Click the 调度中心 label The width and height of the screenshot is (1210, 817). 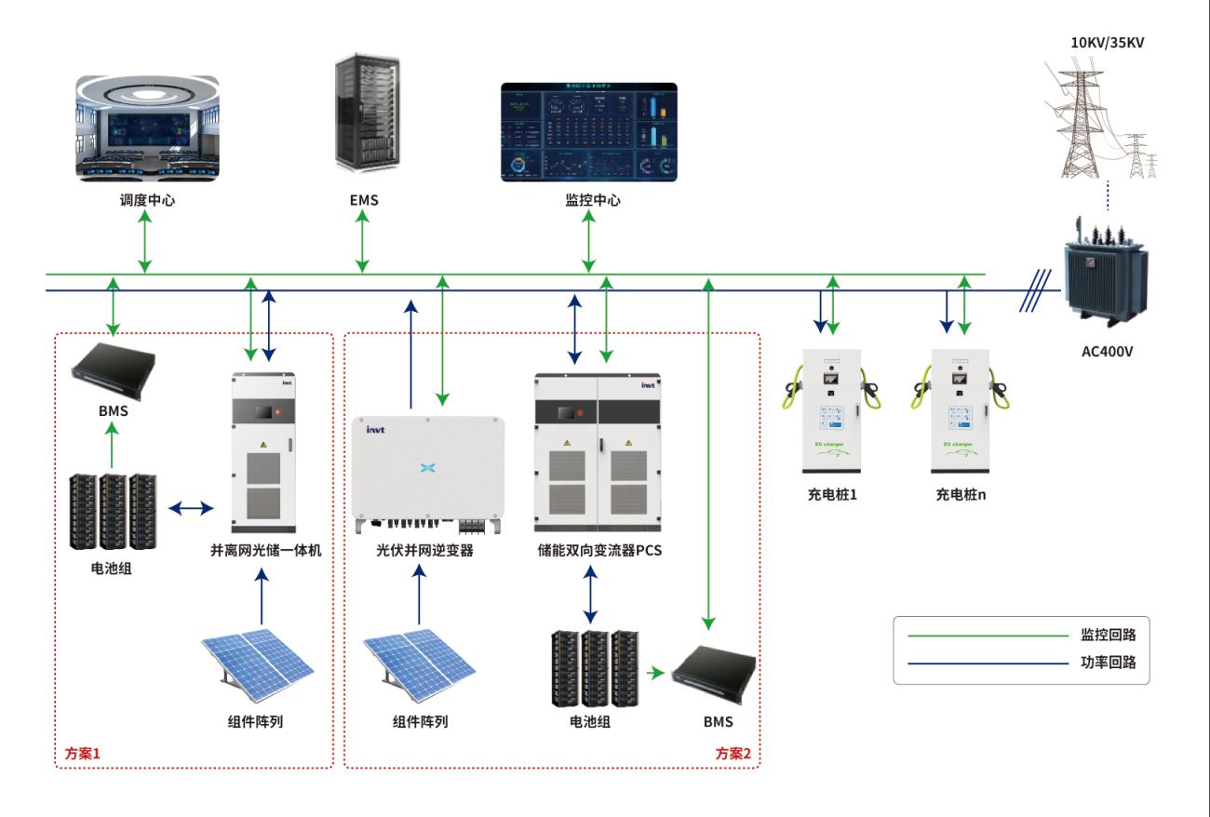tap(145, 200)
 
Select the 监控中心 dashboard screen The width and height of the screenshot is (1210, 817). tap(589, 131)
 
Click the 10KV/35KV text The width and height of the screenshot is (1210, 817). tap(1109, 42)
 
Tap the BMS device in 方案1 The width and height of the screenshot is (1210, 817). tap(113, 369)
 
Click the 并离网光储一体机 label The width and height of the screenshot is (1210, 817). tap(266, 550)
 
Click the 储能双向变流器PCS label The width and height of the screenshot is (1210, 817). tap(593, 550)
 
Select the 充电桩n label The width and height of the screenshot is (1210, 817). tap(961, 494)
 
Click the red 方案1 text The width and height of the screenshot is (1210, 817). tap(82, 753)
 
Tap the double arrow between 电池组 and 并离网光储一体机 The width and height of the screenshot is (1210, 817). tap(191, 508)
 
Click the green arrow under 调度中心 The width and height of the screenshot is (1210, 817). tap(145, 241)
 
